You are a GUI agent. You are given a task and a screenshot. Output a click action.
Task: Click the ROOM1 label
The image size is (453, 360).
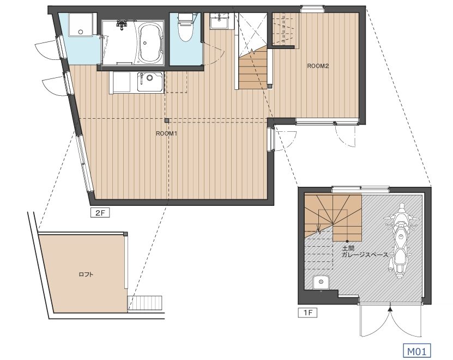166,133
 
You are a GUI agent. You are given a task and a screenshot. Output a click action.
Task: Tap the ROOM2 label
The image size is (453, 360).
318,66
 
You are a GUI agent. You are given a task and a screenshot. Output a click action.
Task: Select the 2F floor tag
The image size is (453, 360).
100,213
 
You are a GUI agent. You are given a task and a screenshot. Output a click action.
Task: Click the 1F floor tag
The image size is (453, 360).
307,313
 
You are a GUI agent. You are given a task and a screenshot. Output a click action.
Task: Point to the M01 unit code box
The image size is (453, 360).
416,351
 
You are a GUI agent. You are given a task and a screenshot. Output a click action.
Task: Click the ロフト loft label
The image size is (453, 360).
86,274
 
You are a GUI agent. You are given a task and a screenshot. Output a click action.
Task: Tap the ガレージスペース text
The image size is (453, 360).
365,255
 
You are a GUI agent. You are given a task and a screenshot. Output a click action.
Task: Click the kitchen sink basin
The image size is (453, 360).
149,82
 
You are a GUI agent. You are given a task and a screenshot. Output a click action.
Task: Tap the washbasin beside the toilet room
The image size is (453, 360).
219,21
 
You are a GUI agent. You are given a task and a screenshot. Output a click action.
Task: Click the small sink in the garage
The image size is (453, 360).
321,282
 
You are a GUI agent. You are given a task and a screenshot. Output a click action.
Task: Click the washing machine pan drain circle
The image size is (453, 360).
81,32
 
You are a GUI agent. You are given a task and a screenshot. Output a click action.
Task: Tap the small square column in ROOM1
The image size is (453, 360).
167,120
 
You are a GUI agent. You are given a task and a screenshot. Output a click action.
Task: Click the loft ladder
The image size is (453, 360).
145,303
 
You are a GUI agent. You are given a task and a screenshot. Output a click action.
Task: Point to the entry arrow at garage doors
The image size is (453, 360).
390,309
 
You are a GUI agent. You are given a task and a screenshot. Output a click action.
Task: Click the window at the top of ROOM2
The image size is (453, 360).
312,9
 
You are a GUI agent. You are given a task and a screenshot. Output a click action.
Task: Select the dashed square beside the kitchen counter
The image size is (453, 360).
176,82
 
